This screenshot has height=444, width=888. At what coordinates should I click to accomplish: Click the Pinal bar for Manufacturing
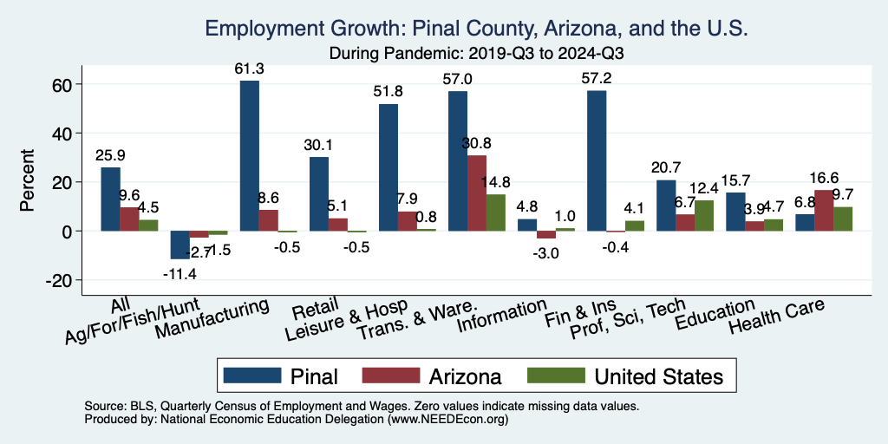coord(249,156)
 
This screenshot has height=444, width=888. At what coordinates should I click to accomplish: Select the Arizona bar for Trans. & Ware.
coord(477,193)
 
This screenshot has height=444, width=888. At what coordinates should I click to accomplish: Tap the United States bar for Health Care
coord(843,219)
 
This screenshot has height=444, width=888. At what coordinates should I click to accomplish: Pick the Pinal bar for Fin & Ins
coord(597,160)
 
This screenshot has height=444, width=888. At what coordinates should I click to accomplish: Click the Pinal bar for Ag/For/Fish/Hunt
coord(180,245)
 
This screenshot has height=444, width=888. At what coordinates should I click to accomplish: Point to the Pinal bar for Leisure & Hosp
coord(388,167)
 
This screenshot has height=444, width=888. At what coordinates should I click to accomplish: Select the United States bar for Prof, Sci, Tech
coord(704,216)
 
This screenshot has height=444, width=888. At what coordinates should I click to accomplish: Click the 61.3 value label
coord(250,69)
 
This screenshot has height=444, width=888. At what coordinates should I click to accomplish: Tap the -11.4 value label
coord(180,275)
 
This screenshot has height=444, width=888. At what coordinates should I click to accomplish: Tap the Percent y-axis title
coord(28,182)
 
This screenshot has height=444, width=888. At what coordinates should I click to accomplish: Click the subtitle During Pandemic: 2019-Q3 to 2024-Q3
coord(477,52)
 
